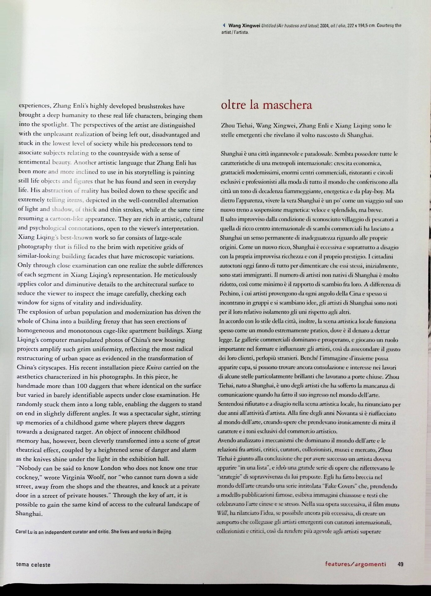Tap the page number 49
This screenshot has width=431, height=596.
click(400, 564)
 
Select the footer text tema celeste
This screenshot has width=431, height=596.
click(33, 565)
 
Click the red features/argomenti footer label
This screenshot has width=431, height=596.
click(356, 564)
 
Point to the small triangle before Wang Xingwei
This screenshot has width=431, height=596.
click(224, 25)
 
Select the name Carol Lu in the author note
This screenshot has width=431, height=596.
click(24, 532)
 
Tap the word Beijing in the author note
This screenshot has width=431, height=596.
click(163, 531)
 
